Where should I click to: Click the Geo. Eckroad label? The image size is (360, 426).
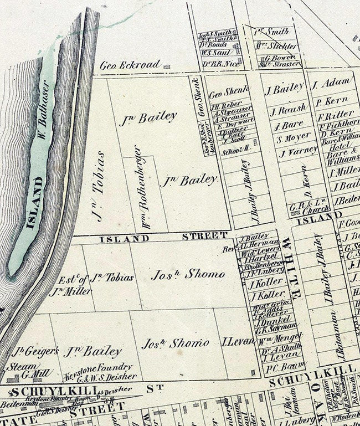[x=131, y=65]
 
